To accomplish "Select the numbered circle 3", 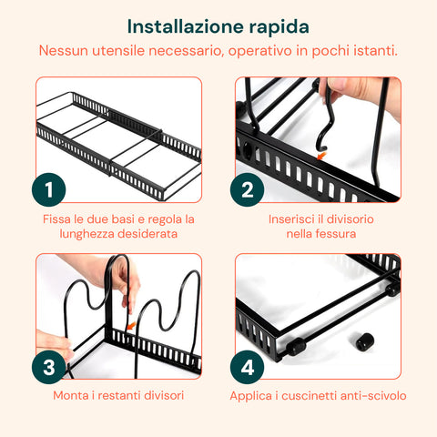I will [48, 367].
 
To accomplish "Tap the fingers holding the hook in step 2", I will [351, 91].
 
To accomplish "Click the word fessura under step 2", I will [334, 235].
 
